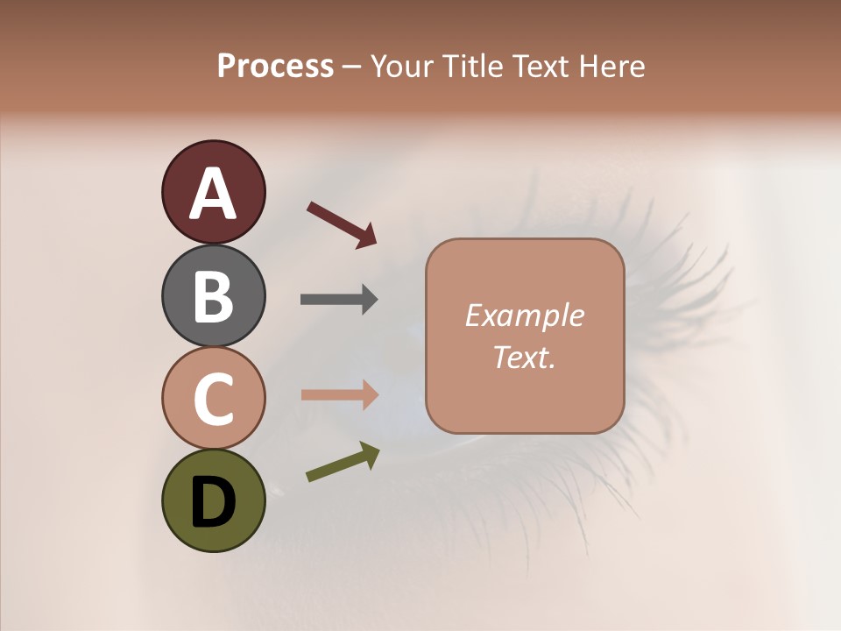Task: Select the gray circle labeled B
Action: tap(213, 295)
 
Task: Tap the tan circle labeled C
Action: tap(213, 397)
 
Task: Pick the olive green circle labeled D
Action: tap(213, 500)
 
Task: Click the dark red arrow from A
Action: tap(341, 223)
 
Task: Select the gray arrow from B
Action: tap(339, 299)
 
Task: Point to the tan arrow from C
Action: tap(339, 395)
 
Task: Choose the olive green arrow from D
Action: tap(342, 462)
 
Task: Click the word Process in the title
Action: tap(275, 66)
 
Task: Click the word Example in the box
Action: tap(524, 315)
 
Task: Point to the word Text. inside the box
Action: tap(524, 357)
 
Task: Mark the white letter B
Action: tap(213, 296)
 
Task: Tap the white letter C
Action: tap(213, 399)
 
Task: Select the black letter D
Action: tap(213, 502)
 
